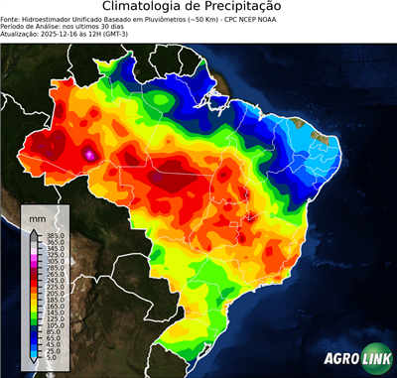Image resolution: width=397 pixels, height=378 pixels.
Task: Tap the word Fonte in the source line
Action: pos(12,19)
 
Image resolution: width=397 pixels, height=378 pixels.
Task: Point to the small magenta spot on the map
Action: pos(90,154)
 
